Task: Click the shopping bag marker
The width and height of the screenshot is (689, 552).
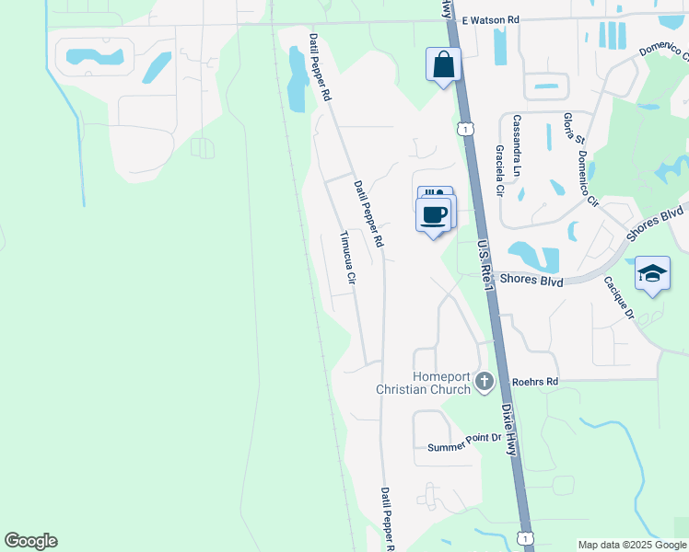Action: tap(443, 65)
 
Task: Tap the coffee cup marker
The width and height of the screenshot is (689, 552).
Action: tap(434, 215)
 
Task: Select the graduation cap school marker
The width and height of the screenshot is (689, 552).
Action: tap(652, 273)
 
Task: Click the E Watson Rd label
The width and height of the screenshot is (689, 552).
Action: tap(491, 19)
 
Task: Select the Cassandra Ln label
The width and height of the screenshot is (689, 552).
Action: tap(518, 134)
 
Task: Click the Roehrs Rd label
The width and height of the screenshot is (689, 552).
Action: tap(535, 381)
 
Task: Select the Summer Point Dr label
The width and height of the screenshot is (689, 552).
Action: tap(463, 448)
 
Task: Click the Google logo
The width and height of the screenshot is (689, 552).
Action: tap(30, 541)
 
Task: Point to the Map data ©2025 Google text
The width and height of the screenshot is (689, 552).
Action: tap(632, 545)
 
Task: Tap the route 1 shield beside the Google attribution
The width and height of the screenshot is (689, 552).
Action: tap(526, 537)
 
